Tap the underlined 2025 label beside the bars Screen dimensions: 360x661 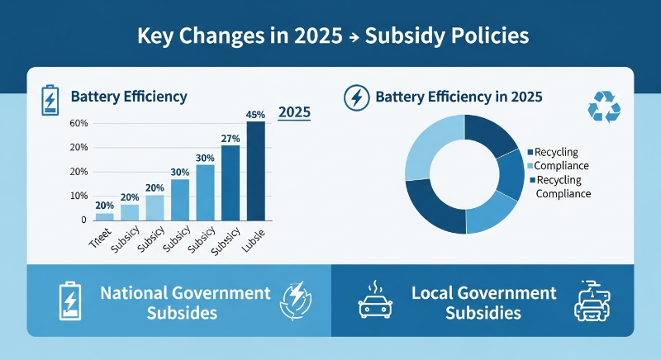[x=296, y=112]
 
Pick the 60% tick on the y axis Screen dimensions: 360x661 [x=79, y=124]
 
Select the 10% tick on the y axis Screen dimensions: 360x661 [x=79, y=197]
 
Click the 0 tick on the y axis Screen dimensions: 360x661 [x=83, y=220]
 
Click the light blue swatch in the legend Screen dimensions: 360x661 [x=530, y=166]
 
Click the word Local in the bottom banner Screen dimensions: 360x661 [x=431, y=293]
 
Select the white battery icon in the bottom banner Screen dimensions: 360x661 [x=69, y=302]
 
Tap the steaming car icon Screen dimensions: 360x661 [x=374, y=302]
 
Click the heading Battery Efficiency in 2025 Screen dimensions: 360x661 [x=459, y=97]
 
